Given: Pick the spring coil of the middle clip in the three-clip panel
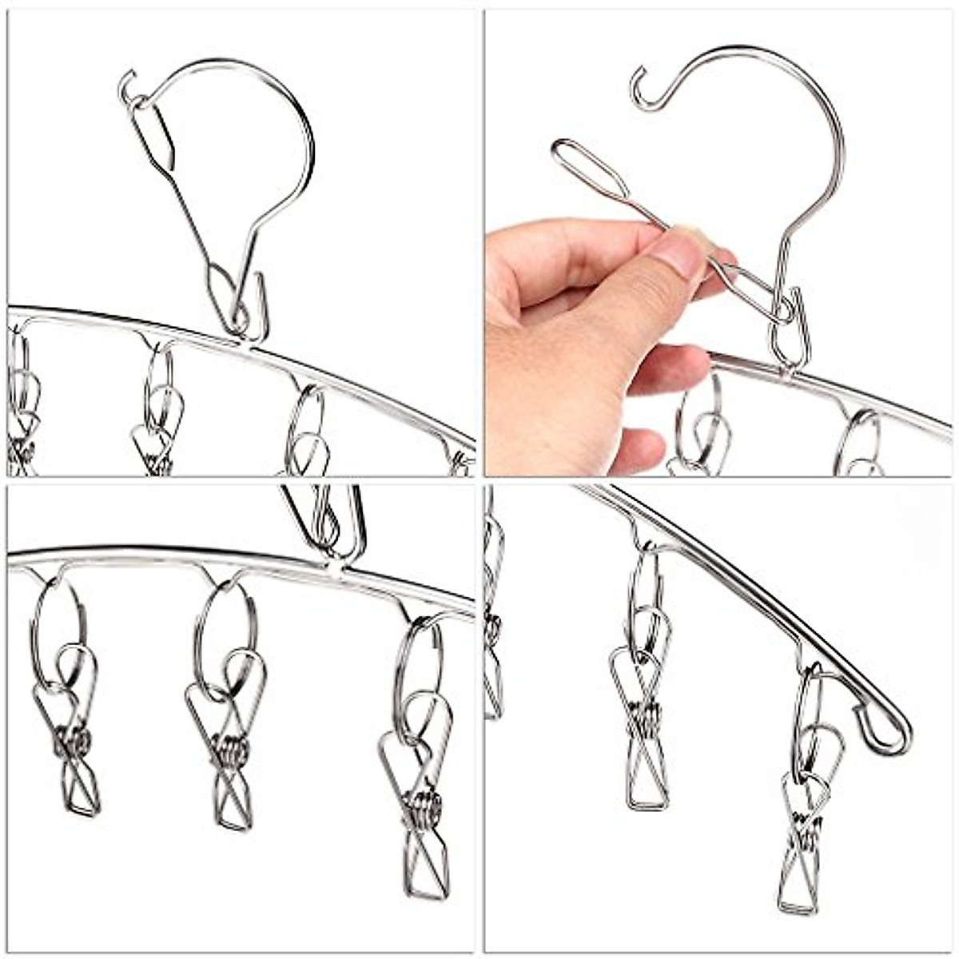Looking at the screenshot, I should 232,751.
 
